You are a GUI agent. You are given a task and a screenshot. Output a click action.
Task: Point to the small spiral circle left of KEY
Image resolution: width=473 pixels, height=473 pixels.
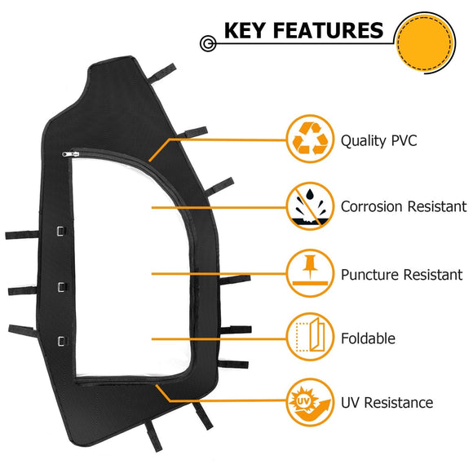tap(210, 41)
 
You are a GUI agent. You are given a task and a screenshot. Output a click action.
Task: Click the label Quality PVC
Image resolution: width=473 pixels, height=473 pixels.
tap(379, 141)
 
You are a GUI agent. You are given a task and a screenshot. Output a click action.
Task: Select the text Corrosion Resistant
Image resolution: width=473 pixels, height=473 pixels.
tap(404, 207)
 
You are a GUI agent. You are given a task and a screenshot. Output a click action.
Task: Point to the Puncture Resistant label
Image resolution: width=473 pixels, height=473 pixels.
tap(402, 275)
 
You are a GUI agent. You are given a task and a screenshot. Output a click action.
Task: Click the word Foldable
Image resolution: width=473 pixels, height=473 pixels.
tap(369, 338)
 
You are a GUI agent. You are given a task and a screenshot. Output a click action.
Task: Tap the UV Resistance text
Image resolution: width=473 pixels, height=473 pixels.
tap(387, 403)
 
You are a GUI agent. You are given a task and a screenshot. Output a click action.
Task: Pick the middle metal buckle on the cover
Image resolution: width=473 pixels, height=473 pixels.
tap(60, 285)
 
